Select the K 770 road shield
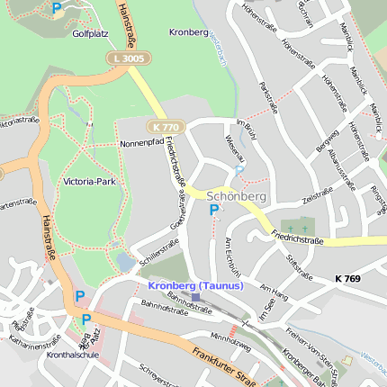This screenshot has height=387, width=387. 166,127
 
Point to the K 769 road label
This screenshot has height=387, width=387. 346,279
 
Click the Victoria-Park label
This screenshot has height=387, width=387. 90,182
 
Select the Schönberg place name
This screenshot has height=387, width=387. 237,195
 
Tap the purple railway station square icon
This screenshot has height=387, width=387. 196,297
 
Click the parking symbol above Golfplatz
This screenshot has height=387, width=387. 58,8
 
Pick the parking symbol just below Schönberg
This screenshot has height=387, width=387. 213,210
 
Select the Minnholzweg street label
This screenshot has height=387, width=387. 229,340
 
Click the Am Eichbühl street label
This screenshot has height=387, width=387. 233,256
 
